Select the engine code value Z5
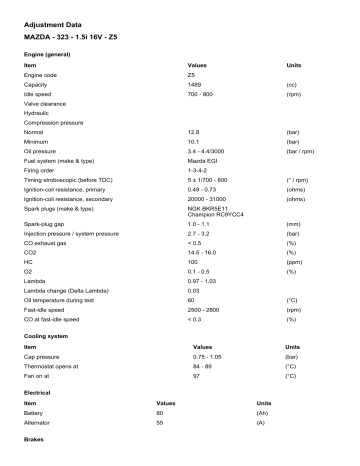coord(190,74)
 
